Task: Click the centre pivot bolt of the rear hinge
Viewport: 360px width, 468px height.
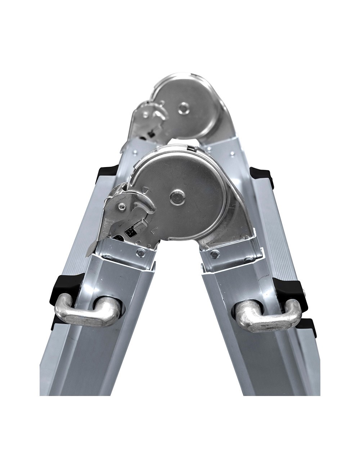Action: tap(184, 107)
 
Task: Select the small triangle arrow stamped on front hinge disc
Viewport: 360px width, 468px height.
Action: tap(145, 189)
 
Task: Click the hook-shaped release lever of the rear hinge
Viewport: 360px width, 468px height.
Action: tap(158, 114)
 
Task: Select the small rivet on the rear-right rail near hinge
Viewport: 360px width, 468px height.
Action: tap(232, 155)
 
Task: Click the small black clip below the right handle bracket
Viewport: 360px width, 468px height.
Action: tap(310, 326)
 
